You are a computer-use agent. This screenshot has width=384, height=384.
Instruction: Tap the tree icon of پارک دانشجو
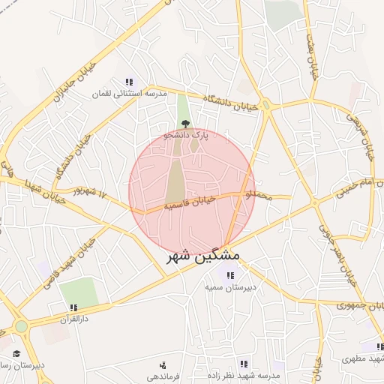coord(184,124)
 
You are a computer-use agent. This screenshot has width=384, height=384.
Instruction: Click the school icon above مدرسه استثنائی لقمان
coord(129,82)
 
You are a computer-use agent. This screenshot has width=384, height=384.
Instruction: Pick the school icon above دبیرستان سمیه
coord(229,275)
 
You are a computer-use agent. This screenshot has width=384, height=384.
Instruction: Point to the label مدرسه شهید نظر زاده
coord(244,376)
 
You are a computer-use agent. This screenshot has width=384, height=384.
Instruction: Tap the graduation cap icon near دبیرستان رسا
coord(16,353)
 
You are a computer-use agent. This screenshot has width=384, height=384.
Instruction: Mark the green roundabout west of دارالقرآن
coord(21,326)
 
